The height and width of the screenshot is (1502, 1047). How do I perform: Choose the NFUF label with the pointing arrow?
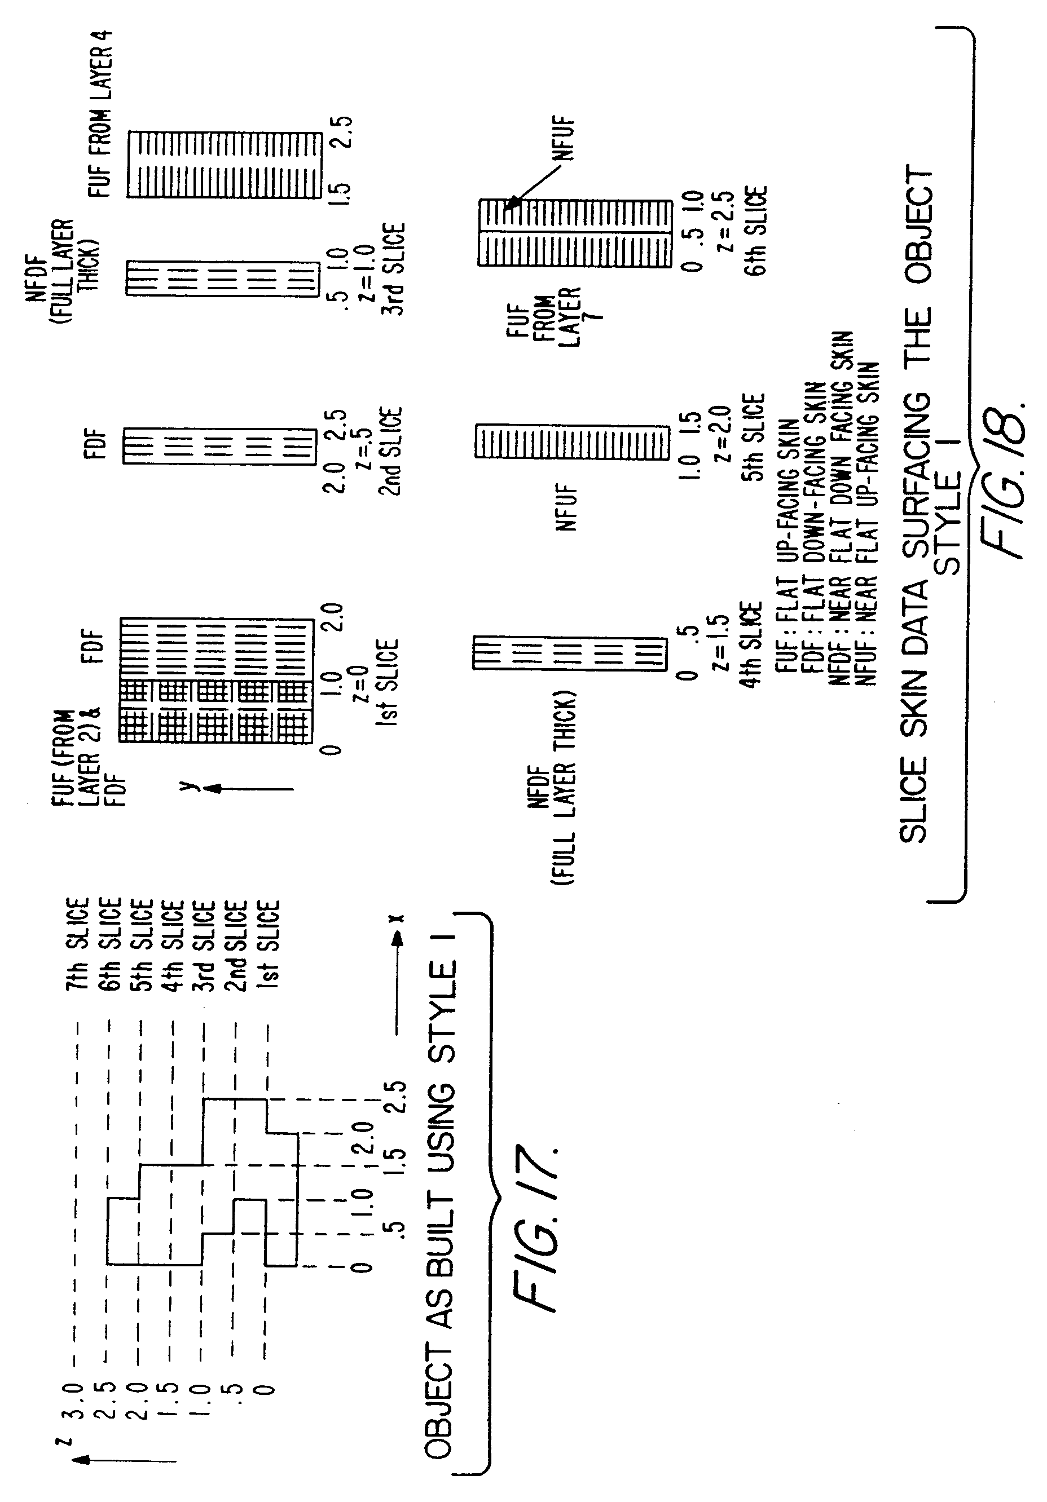564,139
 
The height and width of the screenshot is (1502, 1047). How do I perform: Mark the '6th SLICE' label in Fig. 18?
756,231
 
